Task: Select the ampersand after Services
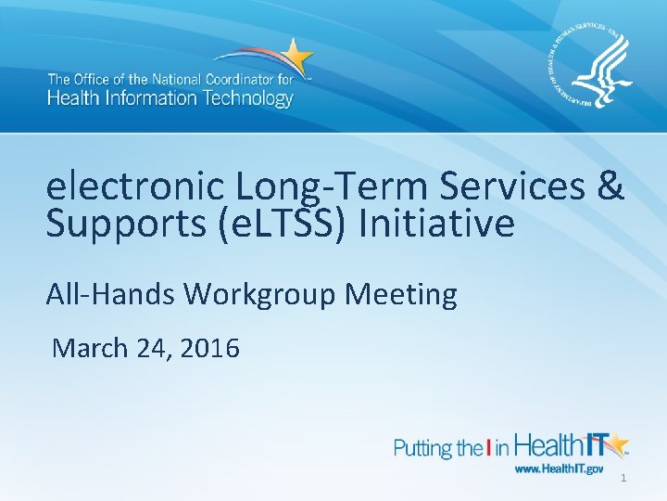(610, 187)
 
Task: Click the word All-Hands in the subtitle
(111, 294)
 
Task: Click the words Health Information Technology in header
(170, 96)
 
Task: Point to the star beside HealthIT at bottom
(614, 444)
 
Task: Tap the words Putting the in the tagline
(435, 449)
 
